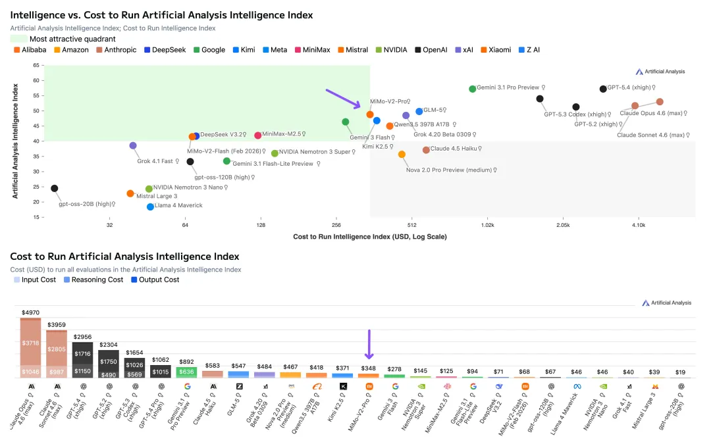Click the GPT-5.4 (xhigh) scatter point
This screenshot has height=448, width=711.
603,89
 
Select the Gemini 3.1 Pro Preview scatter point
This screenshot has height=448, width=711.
473,89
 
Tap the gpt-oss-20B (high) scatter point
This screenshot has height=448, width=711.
55,189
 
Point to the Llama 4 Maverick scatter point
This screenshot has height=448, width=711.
150,207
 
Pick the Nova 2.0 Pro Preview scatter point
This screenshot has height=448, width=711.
402,155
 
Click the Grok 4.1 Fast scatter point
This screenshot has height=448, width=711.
133,146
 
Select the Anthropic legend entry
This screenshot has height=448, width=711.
116,50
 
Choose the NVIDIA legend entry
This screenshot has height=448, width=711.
391,50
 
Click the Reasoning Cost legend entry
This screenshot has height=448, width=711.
93,280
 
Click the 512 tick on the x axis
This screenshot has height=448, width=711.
411,226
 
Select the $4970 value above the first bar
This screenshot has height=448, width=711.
30,312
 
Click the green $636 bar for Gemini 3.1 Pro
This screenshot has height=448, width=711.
186,372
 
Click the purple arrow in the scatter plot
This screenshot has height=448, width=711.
343,99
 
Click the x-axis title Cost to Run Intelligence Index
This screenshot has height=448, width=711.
369,237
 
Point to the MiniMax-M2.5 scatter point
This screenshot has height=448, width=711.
258,136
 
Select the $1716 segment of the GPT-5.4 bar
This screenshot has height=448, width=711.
82,354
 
